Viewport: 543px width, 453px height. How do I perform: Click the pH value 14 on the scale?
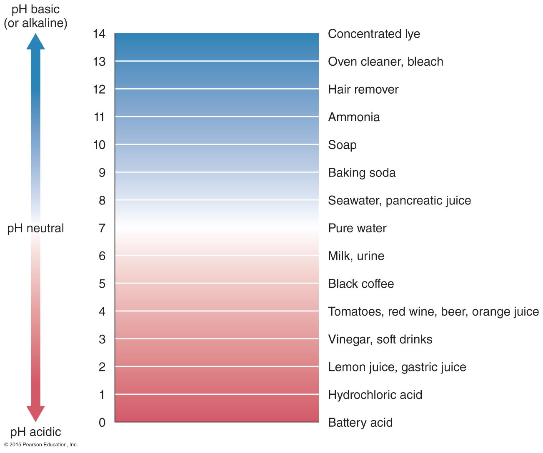(x=99, y=34)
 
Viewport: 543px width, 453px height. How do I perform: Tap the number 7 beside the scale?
(x=102, y=228)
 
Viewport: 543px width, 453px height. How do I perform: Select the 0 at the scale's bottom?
(x=102, y=423)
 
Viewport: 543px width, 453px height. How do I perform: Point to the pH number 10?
(x=99, y=145)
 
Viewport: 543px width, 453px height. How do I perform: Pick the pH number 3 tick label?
(x=102, y=339)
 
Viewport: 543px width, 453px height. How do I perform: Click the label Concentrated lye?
(x=374, y=34)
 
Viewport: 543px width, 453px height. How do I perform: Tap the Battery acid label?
(x=360, y=423)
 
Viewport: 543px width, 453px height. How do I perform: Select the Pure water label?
(x=357, y=228)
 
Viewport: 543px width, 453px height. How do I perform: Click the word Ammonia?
(x=354, y=117)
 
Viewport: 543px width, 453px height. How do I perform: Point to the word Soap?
(x=342, y=145)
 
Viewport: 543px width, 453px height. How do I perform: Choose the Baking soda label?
(x=362, y=173)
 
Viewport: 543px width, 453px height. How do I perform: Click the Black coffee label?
(x=361, y=284)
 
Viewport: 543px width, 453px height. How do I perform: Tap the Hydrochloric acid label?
(x=375, y=395)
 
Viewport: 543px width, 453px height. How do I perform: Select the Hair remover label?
(x=363, y=90)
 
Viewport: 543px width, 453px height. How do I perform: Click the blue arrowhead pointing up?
(x=35, y=42)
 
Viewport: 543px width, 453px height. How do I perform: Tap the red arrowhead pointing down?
(x=35, y=413)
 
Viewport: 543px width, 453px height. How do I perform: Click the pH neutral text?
(x=35, y=228)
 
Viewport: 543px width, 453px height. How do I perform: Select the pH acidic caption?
(x=35, y=432)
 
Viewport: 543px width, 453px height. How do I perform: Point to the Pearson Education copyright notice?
(x=41, y=445)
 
